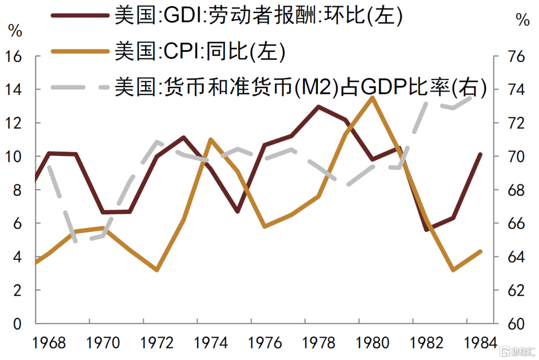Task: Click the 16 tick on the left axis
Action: (x=14, y=56)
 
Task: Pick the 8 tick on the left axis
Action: (x=18, y=190)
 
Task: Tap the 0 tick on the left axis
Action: (x=18, y=324)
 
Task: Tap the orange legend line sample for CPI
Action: (x=80, y=51)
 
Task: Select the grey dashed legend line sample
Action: (x=80, y=87)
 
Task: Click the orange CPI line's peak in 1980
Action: (x=372, y=97)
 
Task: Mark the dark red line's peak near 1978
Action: (x=318, y=106)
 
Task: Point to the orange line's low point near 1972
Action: (x=157, y=270)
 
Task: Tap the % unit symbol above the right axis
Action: (x=522, y=20)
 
